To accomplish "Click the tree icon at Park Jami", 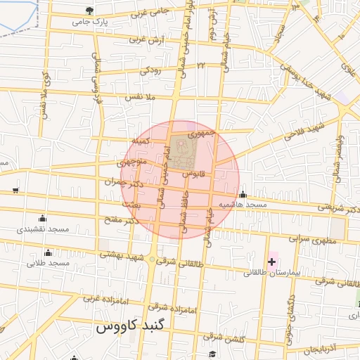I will pyautogui.click(x=89, y=11).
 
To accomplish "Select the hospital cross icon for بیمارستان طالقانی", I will pyautogui.click(x=271, y=262).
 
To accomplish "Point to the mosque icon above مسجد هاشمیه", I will pyautogui.click(x=243, y=194).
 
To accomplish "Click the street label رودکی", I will pyautogui.click(x=150, y=70).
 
